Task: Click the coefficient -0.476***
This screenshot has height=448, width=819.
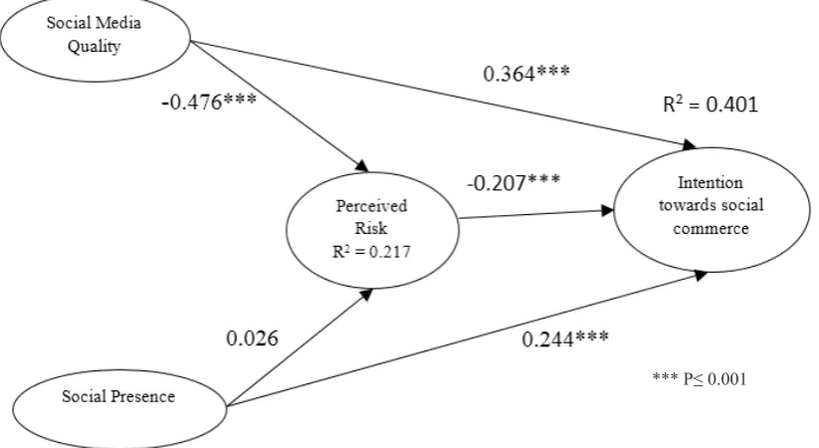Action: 209,102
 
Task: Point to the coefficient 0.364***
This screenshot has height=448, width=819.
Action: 526,74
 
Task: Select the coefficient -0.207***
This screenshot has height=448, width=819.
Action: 513,183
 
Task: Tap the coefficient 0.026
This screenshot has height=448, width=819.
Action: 253,338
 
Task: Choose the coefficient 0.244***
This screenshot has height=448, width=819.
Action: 565,339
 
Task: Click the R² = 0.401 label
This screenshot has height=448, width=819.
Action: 711,105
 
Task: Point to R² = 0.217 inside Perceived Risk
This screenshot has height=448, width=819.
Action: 371,252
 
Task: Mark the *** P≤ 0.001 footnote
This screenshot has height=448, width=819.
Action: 700,378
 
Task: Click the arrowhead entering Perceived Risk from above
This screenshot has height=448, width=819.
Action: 361,165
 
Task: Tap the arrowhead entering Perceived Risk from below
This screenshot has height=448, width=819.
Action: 365,295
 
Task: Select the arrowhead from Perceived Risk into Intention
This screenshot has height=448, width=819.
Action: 607,211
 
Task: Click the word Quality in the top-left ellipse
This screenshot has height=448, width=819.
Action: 94,47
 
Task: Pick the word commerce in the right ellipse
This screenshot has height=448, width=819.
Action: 711,228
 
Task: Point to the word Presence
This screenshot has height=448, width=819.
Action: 143,396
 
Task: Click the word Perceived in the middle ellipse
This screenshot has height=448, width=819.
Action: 371,206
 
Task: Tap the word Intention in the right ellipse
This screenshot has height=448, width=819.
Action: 711,182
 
